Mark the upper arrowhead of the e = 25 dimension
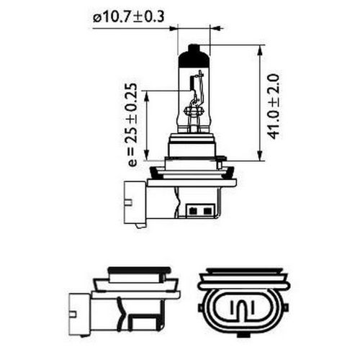147,94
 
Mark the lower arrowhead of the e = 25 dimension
147,158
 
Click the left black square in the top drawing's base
197,212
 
